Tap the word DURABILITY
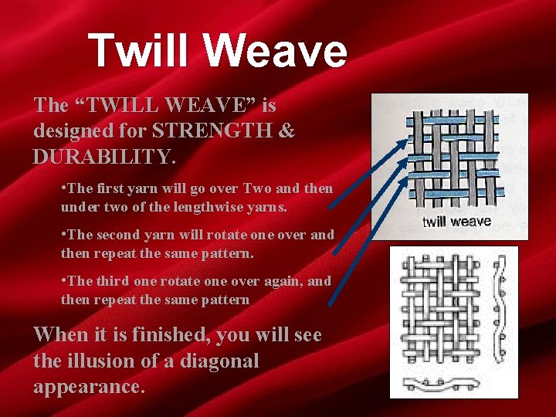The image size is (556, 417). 103,156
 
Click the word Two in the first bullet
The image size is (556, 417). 260,188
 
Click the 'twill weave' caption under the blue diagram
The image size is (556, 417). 456,222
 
